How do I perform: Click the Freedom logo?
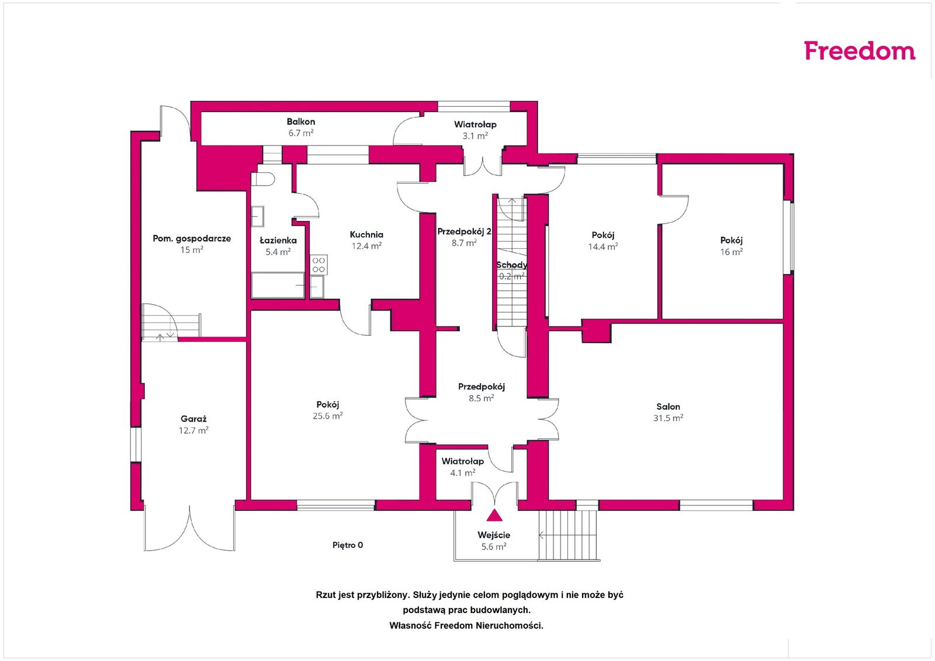(860, 51)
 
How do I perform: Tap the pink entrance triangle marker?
(494, 516)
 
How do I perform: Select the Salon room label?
(668, 406)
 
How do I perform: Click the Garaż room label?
(193, 419)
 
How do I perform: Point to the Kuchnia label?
(366, 234)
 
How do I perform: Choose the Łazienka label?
(278, 240)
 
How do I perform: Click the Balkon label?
(300, 122)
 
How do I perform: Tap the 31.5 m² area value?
(668, 418)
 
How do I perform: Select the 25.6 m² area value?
(328, 416)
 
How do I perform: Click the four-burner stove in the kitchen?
(319, 265)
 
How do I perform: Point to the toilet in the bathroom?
(262, 179)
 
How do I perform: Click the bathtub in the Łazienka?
(278, 286)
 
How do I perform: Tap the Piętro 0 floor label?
(348, 545)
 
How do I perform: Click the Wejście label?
(494, 535)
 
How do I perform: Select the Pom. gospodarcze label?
(192, 239)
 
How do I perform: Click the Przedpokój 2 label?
(464, 231)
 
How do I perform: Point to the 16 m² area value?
(731, 252)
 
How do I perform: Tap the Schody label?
(512, 265)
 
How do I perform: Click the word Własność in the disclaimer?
(410, 625)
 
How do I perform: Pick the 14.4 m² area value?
(602, 246)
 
